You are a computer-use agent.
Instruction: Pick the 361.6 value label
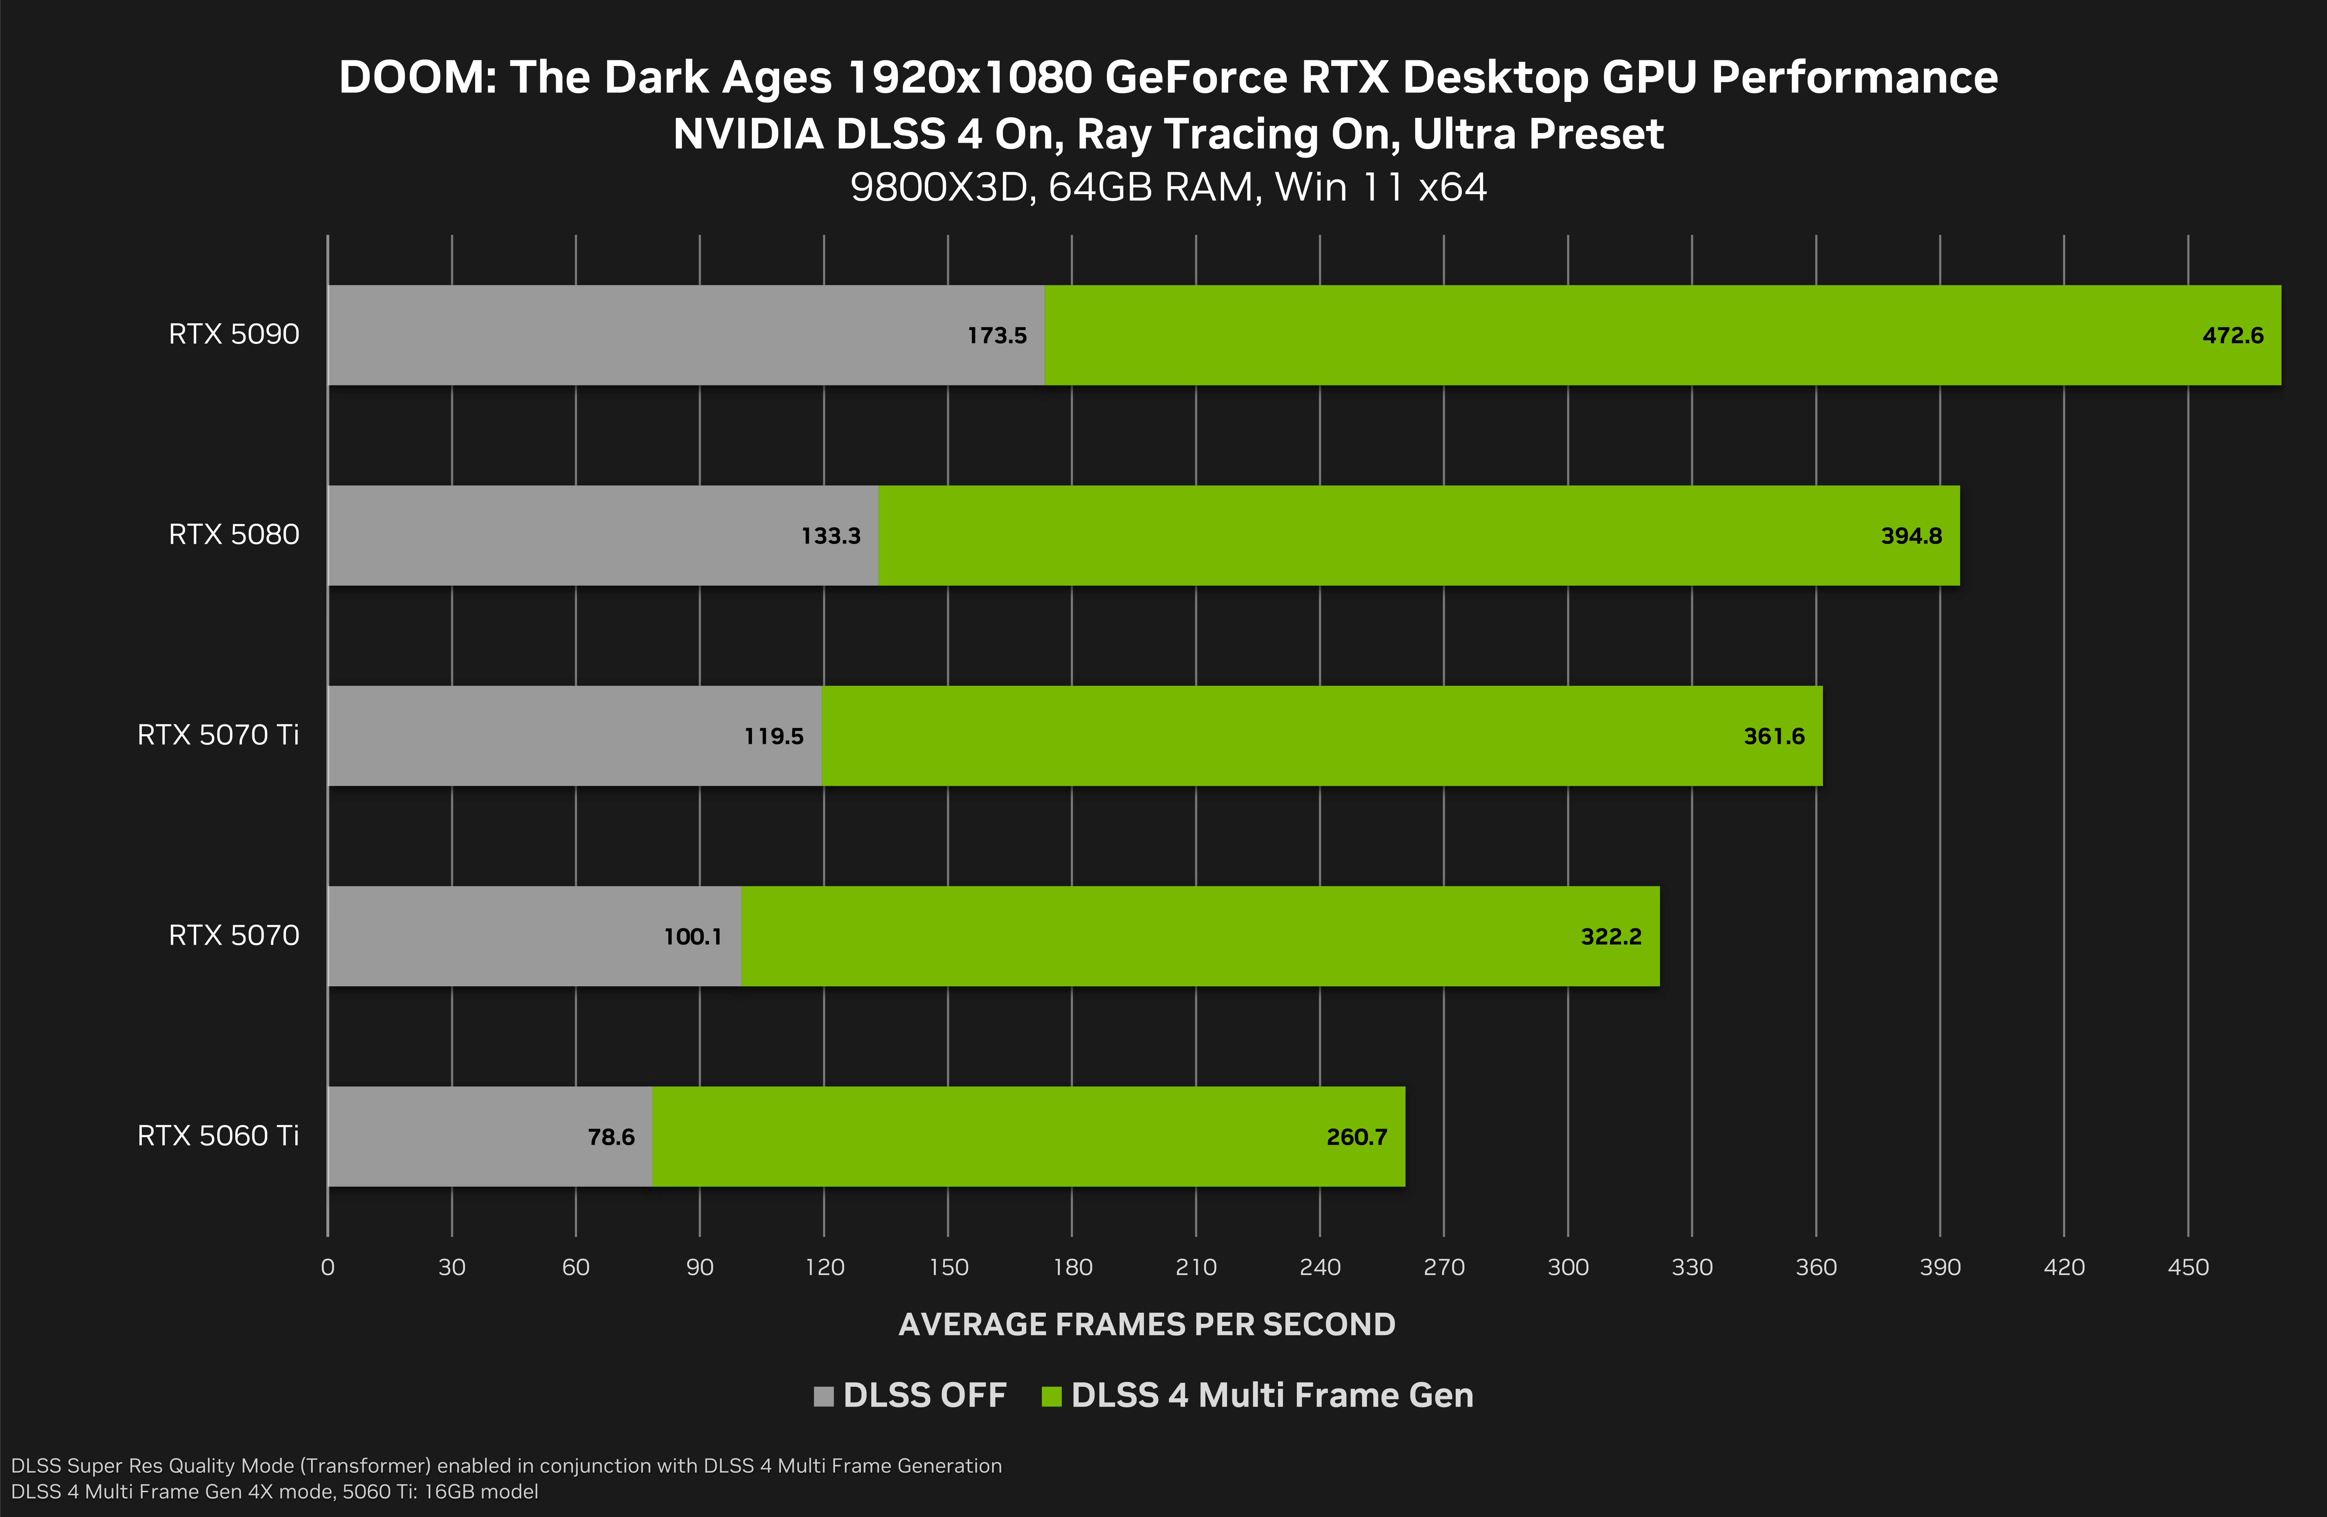point(1774,736)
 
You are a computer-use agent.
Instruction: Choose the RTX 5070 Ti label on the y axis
point(218,735)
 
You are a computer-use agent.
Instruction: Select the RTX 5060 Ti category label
point(218,1135)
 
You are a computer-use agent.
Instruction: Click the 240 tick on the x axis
point(1320,1268)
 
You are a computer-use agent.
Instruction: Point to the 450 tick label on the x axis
point(2188,1268)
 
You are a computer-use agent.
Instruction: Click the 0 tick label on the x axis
point(327,1268)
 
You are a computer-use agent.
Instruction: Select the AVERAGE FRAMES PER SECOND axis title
point(1147,1324)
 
